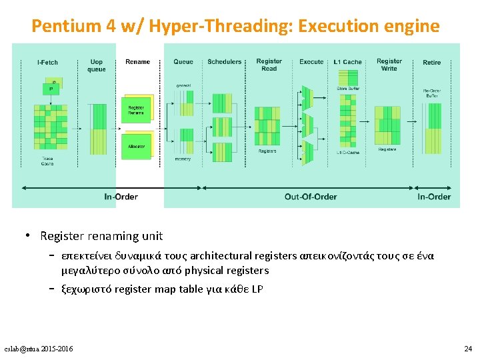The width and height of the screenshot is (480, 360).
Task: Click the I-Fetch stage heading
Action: click(x=47, y=62)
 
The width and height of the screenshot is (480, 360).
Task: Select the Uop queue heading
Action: click(x=97, y=65)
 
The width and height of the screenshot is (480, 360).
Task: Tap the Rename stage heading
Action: click(x=137, y=62)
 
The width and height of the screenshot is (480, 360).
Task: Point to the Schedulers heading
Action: click(x=225, y=62)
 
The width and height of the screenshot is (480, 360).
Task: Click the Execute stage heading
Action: click(x=311, y=62)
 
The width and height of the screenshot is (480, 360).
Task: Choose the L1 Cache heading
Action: click(x=347, y=62)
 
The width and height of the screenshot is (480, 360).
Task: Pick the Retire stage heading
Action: click(x=431, y=62)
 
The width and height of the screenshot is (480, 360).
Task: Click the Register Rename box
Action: click(x=136, y=110)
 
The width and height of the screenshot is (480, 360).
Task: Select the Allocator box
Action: click(x=136, y=146)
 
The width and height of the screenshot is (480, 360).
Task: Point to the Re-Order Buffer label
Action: click(x=431, y=93)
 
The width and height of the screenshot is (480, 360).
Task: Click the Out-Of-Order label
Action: click(x=311, y=197)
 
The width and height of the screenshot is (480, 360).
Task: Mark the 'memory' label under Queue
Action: click(x=183, y=159)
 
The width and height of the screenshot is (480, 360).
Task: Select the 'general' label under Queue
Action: click(x=183, y=85)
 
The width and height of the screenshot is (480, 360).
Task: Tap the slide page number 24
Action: click(x=467, y=349)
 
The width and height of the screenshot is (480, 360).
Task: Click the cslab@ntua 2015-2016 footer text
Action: click(x=39, y=349)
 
